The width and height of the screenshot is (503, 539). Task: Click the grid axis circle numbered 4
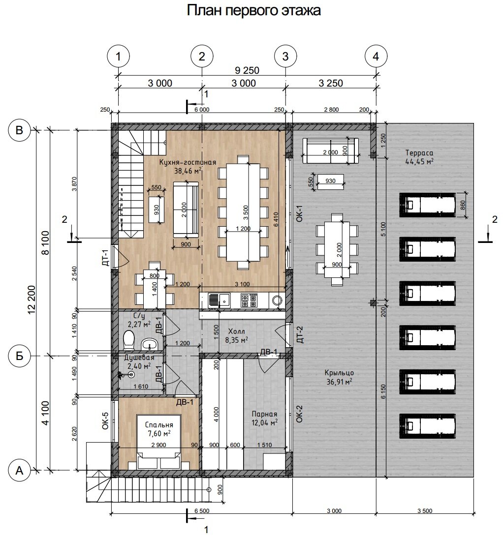(376, 56)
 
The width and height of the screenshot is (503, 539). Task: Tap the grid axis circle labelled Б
(19, 356)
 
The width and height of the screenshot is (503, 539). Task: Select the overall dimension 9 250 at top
(247, 70)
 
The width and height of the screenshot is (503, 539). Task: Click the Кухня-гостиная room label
(188, 162)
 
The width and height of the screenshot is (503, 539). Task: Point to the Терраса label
(419, 153)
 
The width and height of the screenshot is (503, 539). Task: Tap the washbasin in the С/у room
(149, 343)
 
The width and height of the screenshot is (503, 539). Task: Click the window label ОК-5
(105, 420)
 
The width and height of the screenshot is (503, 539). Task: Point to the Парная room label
(264, 414)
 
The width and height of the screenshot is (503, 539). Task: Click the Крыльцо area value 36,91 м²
(339, 381)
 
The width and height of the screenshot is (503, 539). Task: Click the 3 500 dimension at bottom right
(425, 511)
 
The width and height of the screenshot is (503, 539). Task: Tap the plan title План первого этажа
(254, 10)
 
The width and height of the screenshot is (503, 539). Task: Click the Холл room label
(237, 331)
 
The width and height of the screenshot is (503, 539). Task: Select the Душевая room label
(139, 358)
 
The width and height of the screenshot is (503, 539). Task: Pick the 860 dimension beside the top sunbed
(463, 205)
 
